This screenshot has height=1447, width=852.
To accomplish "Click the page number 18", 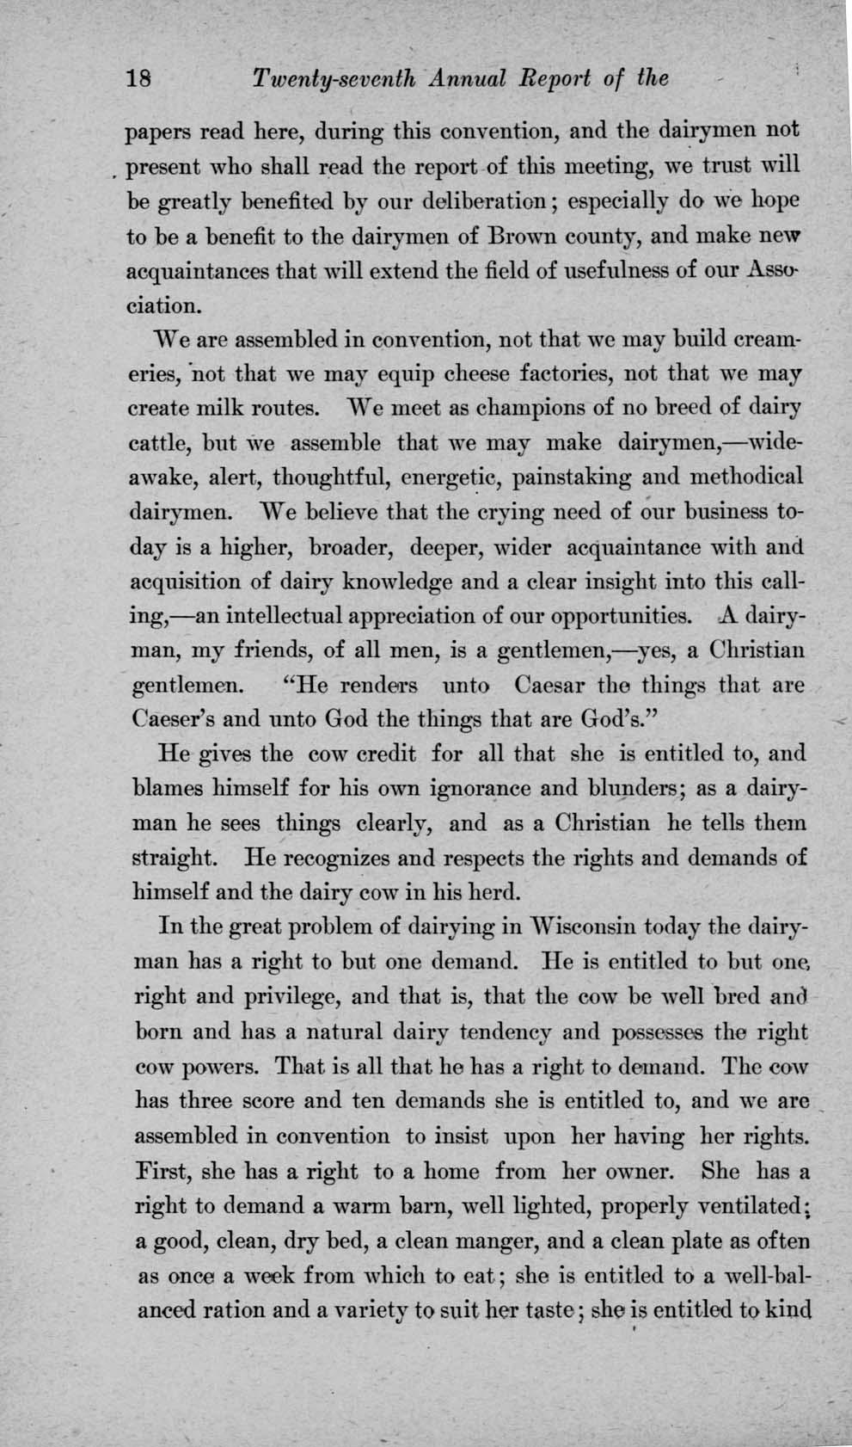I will (x=138, y=79).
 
